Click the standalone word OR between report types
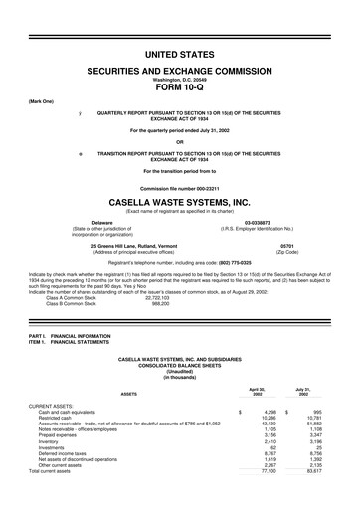pos(179,140)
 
